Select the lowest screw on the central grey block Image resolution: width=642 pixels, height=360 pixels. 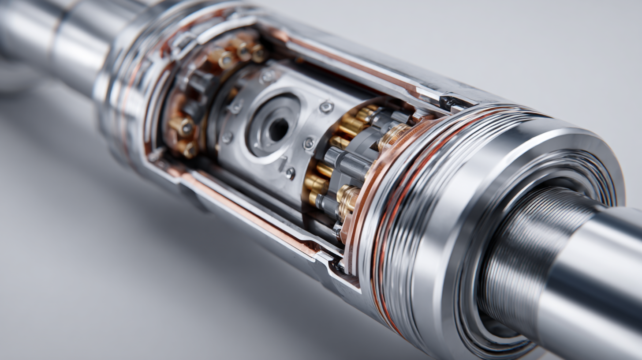[290, 173]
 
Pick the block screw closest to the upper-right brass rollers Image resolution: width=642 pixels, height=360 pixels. [326, 107]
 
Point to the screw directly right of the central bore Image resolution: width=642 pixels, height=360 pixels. [309, 143]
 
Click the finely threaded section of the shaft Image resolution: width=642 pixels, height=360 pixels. [529, 247]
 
